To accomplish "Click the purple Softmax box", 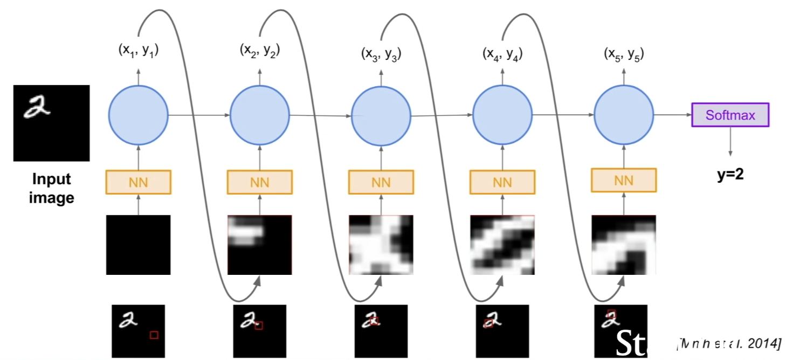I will [x=730, y=115].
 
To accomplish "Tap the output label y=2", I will [x=730, y=174].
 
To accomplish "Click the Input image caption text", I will [x=51, y=188].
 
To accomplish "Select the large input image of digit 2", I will [x=51, y=123].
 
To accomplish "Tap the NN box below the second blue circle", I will [x=259, y=182].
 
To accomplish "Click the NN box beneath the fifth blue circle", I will [x=624, y=181].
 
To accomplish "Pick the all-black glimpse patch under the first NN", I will [x=138, y=245].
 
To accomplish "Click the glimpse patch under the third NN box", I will [x=381, y=245].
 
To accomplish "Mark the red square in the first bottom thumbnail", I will [x=154, y=335].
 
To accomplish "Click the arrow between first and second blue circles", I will [x=199, y=115].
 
